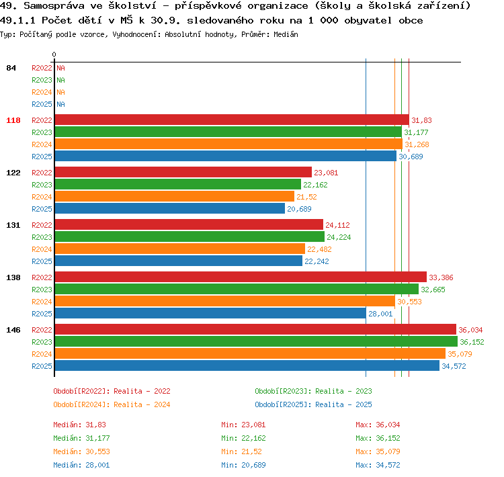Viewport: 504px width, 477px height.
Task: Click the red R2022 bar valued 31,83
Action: tap(232, 120)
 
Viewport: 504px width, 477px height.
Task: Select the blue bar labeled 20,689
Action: tap(170, 208)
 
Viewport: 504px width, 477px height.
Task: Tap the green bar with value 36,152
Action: tap(256, 341)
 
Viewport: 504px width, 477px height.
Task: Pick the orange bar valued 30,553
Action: tap(225, 301)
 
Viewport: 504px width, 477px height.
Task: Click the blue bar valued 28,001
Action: tap(210, 313)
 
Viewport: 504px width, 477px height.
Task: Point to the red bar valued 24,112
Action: tap(189, 224)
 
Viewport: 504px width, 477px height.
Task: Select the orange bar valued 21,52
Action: tap(175, 196)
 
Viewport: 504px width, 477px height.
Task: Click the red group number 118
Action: tap(13, 120)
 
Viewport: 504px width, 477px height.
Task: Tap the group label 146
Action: tap(13, 330)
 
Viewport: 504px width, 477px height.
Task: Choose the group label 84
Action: tap(11, 68)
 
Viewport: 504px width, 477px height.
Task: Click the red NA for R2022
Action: tap(60, 68)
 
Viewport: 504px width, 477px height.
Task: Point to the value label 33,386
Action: tap(441, 277)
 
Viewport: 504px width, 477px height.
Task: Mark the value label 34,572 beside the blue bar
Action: tap(454, 366)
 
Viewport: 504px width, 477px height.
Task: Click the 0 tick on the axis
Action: tap(54, 54)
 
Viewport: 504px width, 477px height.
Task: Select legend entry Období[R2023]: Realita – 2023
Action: tap(313, 391)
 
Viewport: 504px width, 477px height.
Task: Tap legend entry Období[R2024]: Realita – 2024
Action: tap(112, 404)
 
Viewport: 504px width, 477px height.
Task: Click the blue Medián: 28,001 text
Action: tap(81, 465)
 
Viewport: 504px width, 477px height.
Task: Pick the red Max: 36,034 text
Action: tap(378, 425)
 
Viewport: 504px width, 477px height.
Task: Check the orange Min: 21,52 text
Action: tap(241, 451)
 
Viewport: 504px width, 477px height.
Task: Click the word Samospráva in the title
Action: tap(54, 5)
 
